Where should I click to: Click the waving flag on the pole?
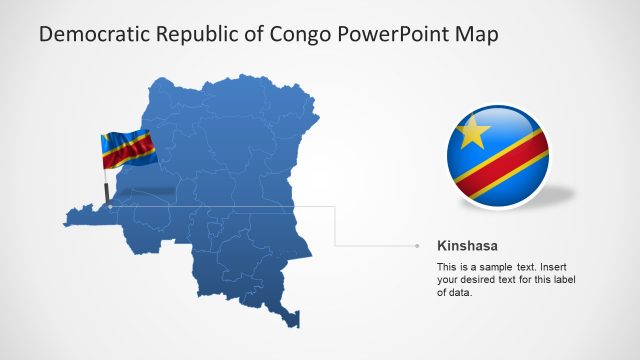tap(128, 150)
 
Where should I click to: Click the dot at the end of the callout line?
tap(417, 245)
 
